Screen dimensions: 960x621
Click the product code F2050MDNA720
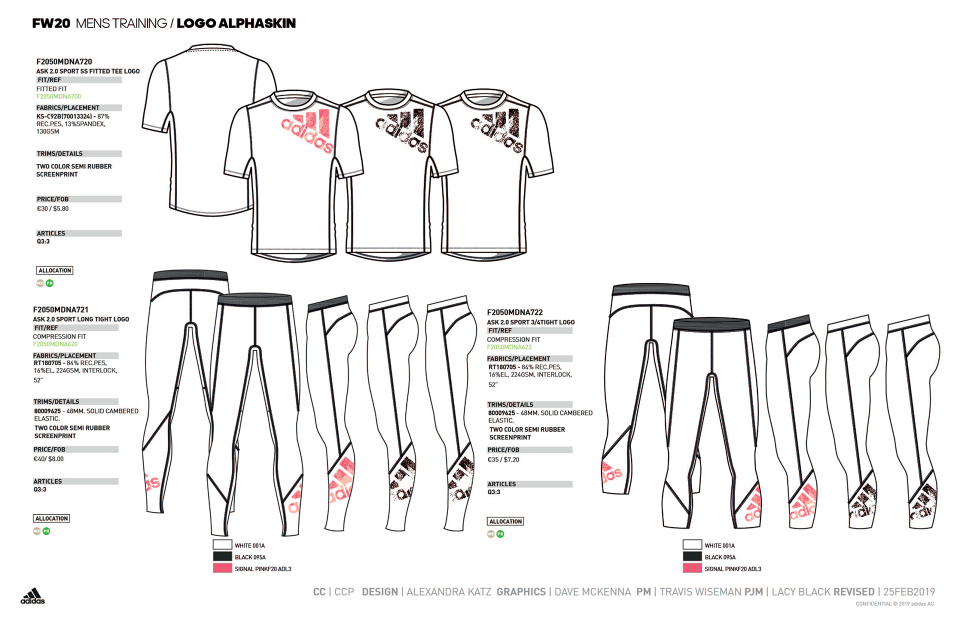point(64,61)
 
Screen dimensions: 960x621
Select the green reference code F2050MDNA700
point(58,96)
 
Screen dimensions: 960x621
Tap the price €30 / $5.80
point(52,208)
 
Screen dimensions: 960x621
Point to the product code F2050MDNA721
point(60,309)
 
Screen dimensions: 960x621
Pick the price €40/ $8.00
point(48,459)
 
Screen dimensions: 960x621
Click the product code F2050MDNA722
point(514,312)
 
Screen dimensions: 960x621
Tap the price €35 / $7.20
point(503,459)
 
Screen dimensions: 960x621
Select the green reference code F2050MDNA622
point(509,347)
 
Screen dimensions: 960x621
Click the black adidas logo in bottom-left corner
point(32,596)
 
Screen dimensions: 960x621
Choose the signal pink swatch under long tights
point(222,568)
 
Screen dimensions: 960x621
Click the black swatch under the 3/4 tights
point(692,556)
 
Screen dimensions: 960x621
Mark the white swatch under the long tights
point(222,545)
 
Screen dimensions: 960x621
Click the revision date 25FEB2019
point(908,592)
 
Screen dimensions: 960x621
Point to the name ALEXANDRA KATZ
point(448,592)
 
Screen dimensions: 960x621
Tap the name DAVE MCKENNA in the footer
point(592,592)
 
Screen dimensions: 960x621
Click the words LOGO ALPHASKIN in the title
point(236,23)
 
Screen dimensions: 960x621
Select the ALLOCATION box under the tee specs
point(54,270)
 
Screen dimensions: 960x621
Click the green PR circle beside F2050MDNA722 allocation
point(500,534)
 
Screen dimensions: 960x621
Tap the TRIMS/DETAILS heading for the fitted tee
point(59,153)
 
